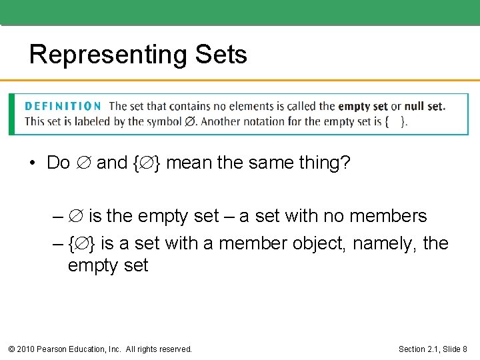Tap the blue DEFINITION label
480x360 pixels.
63,106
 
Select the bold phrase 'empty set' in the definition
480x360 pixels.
363,106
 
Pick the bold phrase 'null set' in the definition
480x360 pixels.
424,106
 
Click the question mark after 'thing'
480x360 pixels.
345,163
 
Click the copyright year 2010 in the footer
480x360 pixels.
27,349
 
